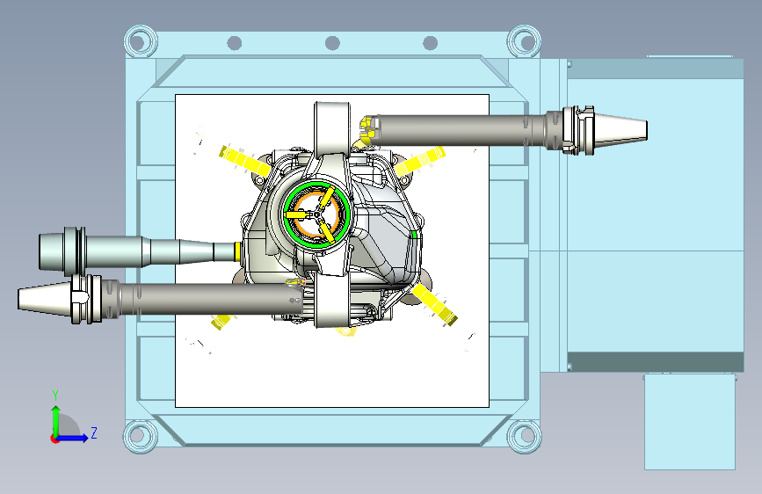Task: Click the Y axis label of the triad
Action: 55,396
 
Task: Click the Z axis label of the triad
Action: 94,432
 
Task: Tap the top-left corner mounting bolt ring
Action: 141,41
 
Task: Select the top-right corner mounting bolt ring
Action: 524,41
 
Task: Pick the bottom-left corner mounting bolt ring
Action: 141,435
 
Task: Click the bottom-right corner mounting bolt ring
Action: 524,435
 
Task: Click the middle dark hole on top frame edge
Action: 332,43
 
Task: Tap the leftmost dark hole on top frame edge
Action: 235,43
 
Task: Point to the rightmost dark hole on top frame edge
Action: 430,43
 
